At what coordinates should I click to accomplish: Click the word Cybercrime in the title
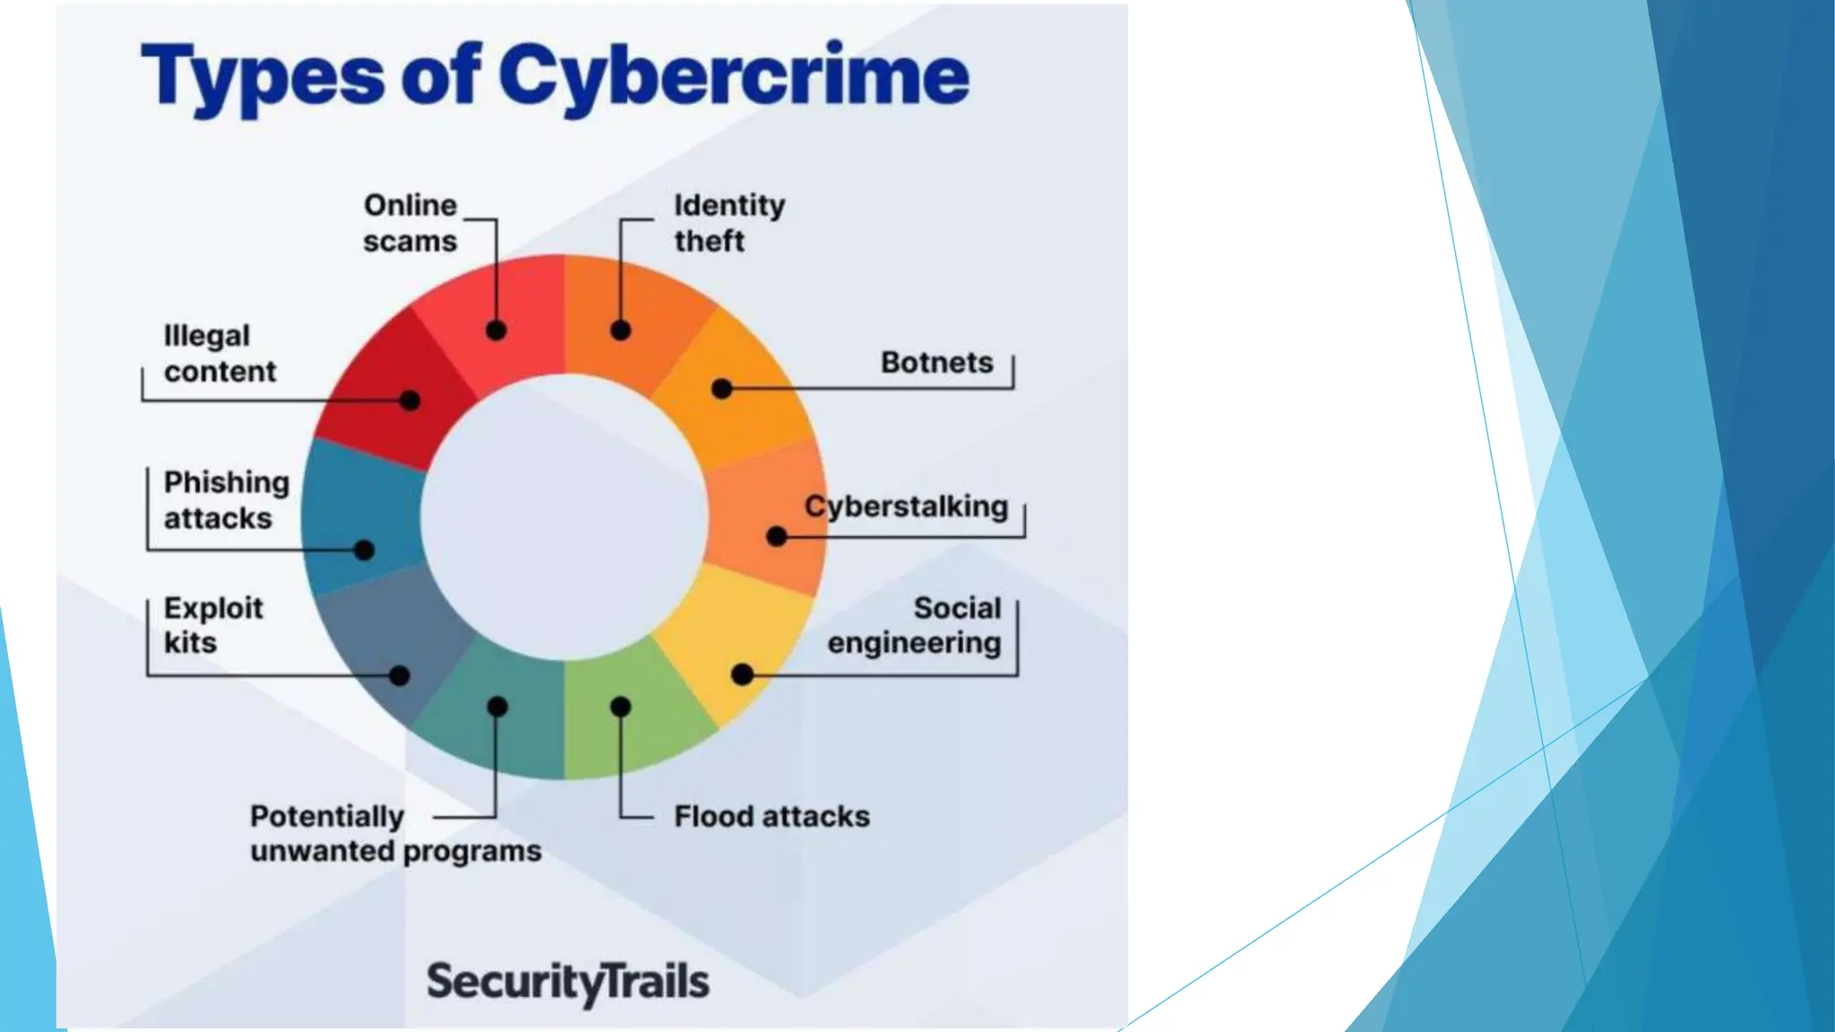pos(733,77)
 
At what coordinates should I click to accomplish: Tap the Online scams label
pos(410,223)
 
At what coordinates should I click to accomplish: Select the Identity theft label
pos(728,223)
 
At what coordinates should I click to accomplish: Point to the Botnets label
pos(936,363)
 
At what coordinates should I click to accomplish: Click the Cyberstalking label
pos(906,507)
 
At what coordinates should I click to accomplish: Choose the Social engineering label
pos(915,625)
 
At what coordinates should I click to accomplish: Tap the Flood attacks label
pos(771,816)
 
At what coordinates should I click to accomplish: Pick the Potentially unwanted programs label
pos(395,833)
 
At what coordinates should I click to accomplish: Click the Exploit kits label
pos(213,625)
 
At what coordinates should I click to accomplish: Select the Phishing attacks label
pos(226,500)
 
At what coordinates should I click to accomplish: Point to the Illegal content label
pos(220,354)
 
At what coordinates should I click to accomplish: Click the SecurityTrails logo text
pos(567,982)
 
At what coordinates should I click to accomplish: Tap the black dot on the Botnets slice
pos(721,389)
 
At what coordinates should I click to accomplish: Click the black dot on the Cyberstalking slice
pos(777,537)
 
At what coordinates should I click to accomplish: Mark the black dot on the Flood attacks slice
pos(620,707)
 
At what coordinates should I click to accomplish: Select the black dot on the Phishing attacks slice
pos(364,550)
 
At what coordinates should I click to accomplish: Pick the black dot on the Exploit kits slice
pos(400,675)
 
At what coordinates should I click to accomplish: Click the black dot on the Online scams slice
pos(496,331)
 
